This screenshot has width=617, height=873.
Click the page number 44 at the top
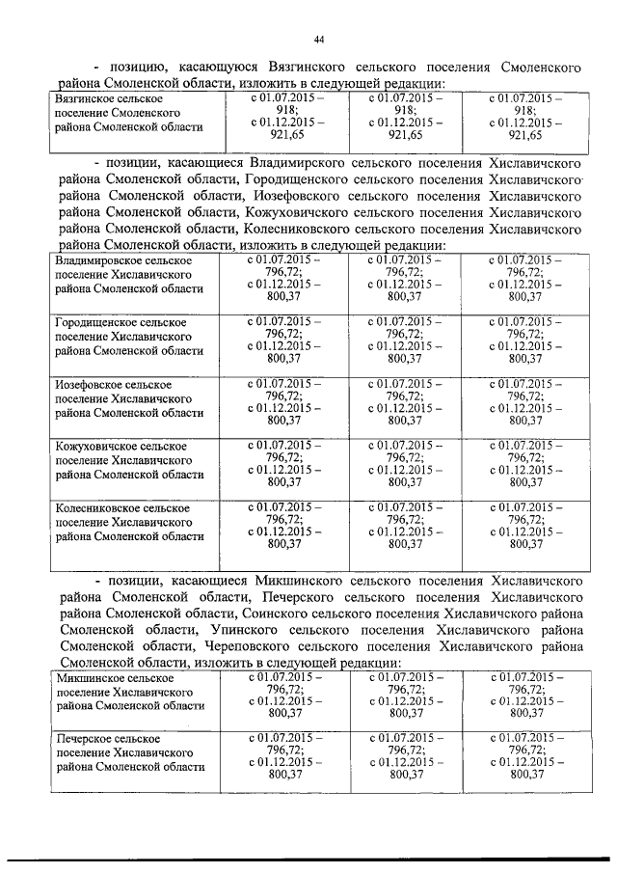318,39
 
